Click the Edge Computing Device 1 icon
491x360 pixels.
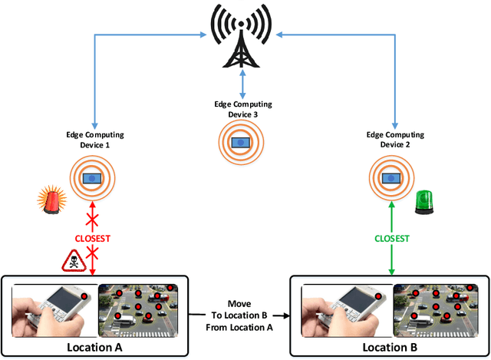tap(93, 177)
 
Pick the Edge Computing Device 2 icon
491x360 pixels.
tap(394, 177)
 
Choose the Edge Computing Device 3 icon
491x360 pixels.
tap(243, 143)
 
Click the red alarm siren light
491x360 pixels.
tap(50, 201)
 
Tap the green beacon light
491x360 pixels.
tap(425, 202)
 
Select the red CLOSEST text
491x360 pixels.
tap(93, 238)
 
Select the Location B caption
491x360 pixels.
tap(388, 347)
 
